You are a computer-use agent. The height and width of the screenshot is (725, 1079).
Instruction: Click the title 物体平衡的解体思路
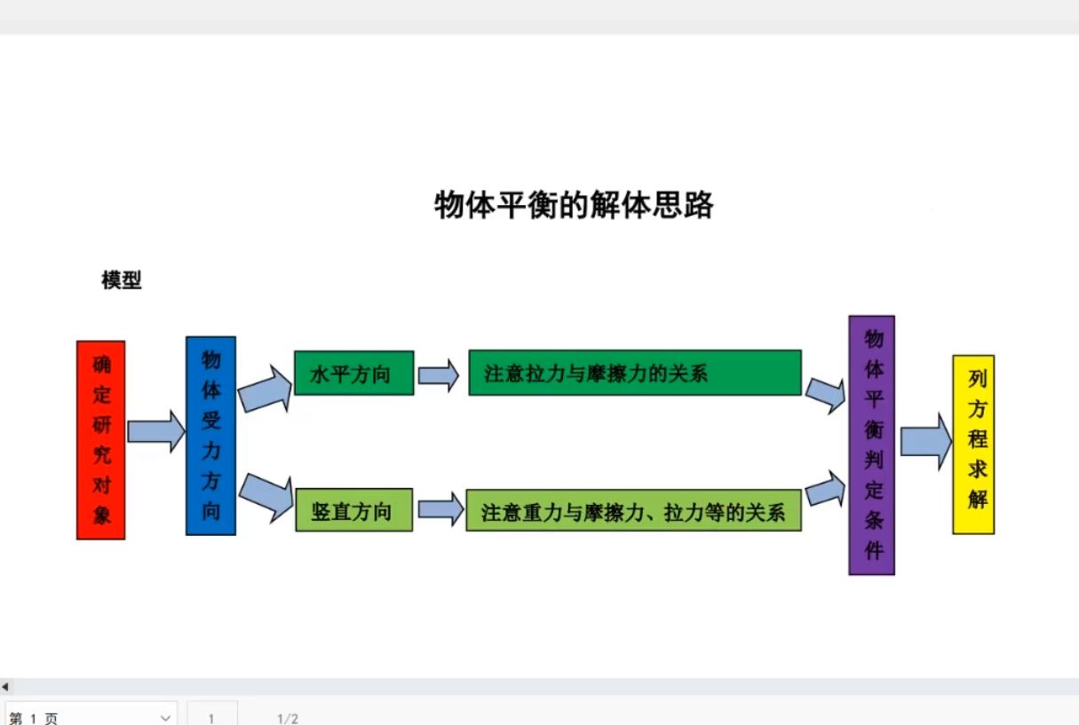click(574, 205)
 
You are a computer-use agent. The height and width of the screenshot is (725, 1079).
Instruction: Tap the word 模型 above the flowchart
click(122, 280)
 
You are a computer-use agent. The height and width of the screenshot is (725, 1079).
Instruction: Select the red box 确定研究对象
click(101, 439)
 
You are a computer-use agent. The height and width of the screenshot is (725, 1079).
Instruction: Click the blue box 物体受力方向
click(210, 435)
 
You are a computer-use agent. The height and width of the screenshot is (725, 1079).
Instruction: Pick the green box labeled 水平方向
click(353, 373)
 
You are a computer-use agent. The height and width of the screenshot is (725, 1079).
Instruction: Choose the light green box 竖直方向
click(353, 510)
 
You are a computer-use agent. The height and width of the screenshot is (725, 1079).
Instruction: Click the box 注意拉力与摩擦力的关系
click(634, 373)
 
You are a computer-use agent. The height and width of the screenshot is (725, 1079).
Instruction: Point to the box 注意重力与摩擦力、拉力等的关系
click(633, 511)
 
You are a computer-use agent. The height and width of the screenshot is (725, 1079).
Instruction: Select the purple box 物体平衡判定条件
click(871, 445)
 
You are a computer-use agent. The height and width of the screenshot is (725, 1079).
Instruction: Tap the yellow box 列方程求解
click(973, 444)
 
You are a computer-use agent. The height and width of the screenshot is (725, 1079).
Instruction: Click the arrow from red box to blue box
click(155, 432)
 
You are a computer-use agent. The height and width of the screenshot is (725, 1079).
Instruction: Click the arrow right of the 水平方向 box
click(439, 374)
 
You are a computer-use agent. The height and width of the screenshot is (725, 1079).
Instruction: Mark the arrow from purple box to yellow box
click(925, 441)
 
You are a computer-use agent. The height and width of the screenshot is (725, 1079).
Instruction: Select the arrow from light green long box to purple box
click(825, 490)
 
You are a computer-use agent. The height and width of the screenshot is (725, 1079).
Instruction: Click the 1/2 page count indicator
click(288, 718)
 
